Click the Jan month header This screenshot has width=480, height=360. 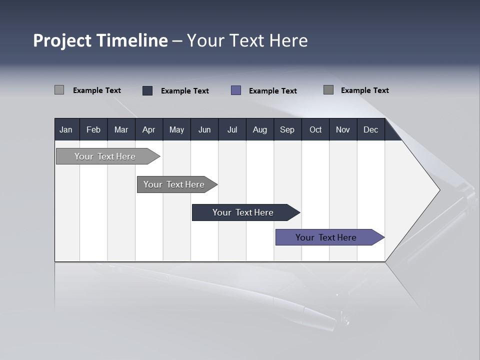[x=66, y=129]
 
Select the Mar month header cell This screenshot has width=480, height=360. [x=121, y=129]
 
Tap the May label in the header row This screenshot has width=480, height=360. [x=176, y=129]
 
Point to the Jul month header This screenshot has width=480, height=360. [x=232, y=129]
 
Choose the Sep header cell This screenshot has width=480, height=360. [x=287, y=129]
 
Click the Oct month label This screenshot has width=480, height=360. [x=315, y=129]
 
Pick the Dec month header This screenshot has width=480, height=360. [x=370, y=129]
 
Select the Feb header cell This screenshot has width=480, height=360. [x=93, y=129]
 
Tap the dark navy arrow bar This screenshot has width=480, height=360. [x=243, y=212]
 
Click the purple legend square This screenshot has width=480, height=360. [x=236, y=90]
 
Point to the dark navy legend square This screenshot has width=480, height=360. [x=147, y=90]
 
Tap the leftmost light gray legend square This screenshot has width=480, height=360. [x=59, y=90]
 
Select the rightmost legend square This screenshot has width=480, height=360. [x=328, y=90]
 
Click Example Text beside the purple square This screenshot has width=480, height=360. [x=272, y=90]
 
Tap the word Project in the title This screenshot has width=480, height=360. [x=62, y=40]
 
